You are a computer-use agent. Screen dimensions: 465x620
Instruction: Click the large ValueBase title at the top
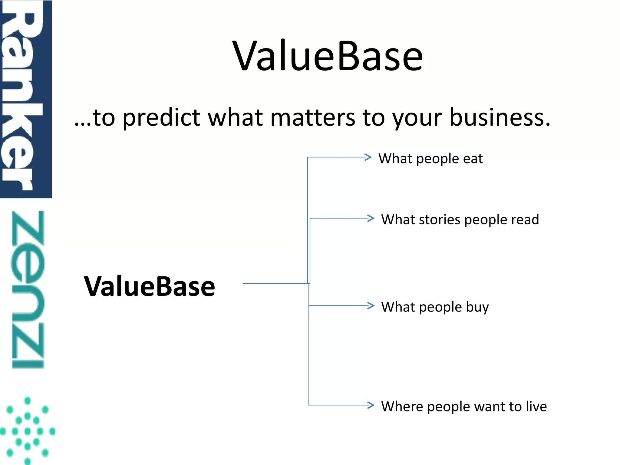tap(328, 56)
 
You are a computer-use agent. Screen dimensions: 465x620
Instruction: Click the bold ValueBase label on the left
tap(150, 286)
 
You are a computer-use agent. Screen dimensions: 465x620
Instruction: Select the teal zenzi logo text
tap(28, 289)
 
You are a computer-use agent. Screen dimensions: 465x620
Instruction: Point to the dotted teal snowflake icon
tap(28, 430)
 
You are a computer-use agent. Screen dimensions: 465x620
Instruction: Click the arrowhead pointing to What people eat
tap(368, 157)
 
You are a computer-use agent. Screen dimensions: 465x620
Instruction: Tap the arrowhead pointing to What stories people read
tap(371, 218)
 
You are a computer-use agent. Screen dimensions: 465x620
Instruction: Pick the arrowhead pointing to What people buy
tap(371, 305)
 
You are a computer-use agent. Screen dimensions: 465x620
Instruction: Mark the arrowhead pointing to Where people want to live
tap(371, 405)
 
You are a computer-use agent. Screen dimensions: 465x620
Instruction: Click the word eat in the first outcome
tap(473, 159)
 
